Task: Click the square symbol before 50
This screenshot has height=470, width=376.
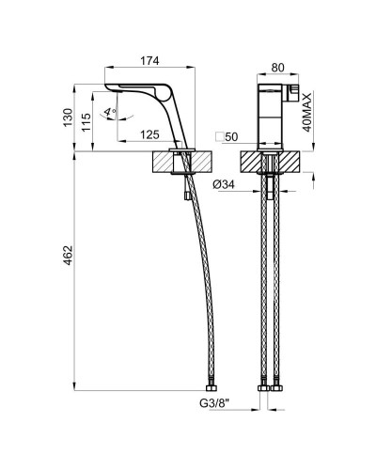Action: [x=218, y=136]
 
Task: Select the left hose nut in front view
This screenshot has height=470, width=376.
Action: [x=265, y=387]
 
